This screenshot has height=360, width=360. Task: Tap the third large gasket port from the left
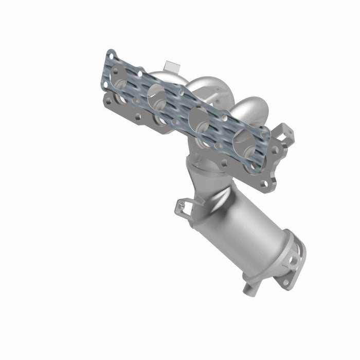(199, 120)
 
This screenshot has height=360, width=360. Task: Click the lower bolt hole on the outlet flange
(284, 282)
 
